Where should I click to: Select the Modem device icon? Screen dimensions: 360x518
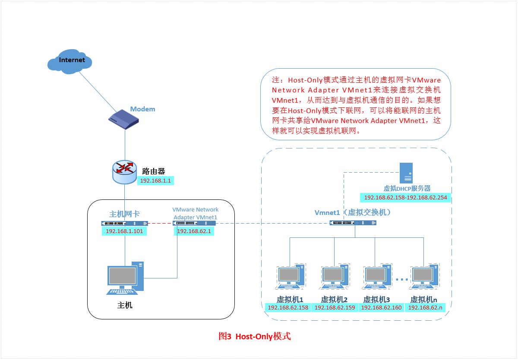click(x=125, y=119)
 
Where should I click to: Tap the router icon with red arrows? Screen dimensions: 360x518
click(x=125, y=171)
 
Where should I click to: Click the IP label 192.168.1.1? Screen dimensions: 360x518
click(x=156, y=181)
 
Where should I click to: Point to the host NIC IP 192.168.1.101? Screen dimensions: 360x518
click(x=124, y=231)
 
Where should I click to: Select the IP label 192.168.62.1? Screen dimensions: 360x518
click(x=194, y=231)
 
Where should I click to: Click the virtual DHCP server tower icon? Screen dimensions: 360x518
click(x=406, y=173)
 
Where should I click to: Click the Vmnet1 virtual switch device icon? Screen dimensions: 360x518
click(x=353, y=223)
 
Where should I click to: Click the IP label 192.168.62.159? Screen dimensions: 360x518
click(x=335, y=308)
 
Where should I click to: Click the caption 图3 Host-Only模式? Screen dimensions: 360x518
click(x=255, y=336)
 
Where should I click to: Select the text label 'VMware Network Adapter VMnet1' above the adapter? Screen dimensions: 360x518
click(x=195, y=213)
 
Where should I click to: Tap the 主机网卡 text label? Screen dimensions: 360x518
click(x=124, y=214)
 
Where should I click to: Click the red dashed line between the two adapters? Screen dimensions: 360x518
click(x=160, y=223)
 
